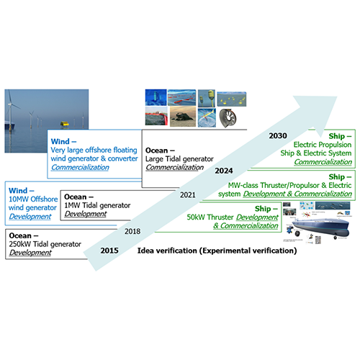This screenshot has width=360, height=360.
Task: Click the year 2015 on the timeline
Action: click(x=109, y=251)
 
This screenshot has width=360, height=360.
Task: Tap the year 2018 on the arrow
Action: click(x=132, y=231)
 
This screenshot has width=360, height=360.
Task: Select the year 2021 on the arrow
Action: click(x=188, y=195)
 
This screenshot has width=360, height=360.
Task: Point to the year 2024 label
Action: click(x=224, y=171)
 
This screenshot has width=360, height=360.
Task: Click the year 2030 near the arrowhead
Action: click(x=278, y=136)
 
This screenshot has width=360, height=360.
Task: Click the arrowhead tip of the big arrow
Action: click(x=337, y=97)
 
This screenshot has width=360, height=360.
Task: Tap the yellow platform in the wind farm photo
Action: click(x=64, y=125)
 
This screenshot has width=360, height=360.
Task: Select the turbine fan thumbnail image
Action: click(x=228, y=118)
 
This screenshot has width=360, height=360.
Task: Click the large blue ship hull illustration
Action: click(x=320, y=227)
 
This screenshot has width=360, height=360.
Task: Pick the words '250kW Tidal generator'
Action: click(x=45, y=244)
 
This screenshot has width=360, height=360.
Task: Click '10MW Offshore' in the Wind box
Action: click(x=33, y=199)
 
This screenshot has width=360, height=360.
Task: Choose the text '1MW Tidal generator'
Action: click(x=97, y=205)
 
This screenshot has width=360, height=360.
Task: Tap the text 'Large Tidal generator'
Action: click(x=179, y=159)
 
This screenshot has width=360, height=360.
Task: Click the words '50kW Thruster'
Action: click(x=210, y=217)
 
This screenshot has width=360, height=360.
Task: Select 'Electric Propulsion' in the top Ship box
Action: click(x=323, y=145)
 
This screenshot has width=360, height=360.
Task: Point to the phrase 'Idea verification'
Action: click(x=167, y=251)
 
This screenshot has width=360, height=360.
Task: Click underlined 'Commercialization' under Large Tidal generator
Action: click(x=175, y=168)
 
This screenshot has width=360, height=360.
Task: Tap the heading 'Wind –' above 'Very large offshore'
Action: click(x=63, y=141)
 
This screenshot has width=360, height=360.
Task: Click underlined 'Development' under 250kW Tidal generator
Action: click(x=30, y=253)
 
